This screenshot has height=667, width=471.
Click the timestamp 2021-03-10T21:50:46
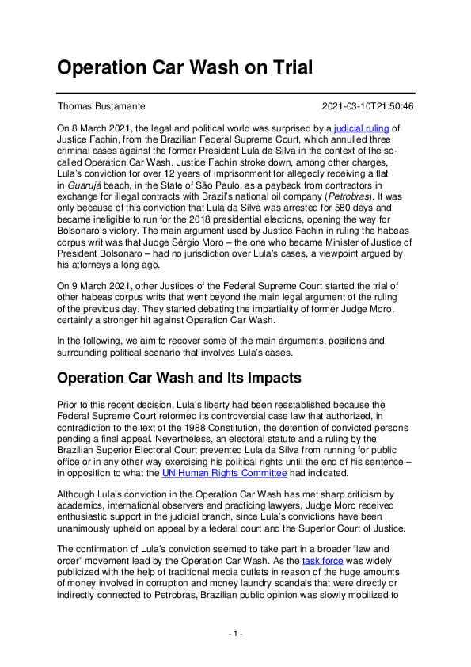(x=368, y=106)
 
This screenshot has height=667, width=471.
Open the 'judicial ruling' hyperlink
(x=363, y=127)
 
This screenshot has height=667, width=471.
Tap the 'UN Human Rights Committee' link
(x=224, y=473)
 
